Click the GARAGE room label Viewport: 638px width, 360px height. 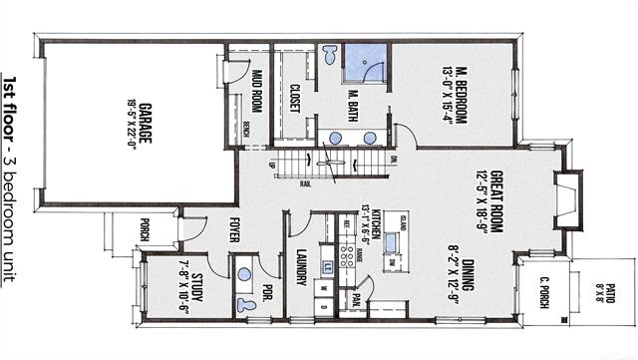[x=146, y=123]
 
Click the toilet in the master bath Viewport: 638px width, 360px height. [x=329, y=56]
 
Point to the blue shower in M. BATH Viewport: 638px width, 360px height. [x=365, y=63]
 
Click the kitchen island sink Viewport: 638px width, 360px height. [x=393, y=243]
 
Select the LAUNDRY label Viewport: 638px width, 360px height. [x=300, y=267]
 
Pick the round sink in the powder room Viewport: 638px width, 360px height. [x=243, y=272]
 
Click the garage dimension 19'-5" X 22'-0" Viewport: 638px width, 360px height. [x=130, y=123]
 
